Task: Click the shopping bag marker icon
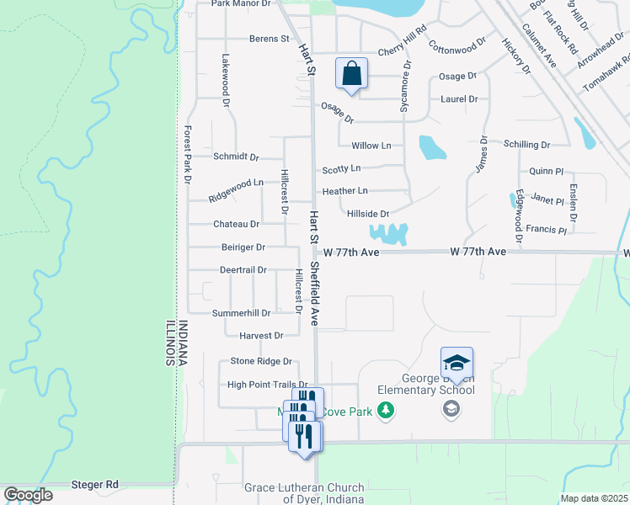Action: [352, 73]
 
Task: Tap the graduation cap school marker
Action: [456, 363]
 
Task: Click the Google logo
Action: [28, 494]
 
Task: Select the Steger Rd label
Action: [95, 485]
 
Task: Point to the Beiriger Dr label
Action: [243, 247]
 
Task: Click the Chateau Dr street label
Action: [236, 224]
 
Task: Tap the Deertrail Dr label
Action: [243, 270]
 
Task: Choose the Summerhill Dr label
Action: [241, 313]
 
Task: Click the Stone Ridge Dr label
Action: [261, 361]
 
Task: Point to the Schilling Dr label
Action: [526, 145]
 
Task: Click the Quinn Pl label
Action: [545, 171]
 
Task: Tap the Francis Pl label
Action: [546, 229]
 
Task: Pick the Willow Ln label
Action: [371, 145]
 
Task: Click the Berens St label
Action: [270, 39]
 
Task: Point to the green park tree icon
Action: [386, 410]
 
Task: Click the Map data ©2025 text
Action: [594, 498]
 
